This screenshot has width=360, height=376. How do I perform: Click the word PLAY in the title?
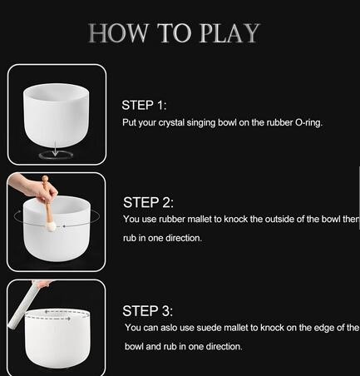pos(229,33)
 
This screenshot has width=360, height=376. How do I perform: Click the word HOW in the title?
pos(118,33)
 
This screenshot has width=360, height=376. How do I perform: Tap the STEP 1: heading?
pos(144,106)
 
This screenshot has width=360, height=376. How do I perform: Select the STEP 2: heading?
pos(148,202)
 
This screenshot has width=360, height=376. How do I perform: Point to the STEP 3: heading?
pos(147,311)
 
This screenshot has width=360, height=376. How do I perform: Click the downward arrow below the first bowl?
pos(56,148)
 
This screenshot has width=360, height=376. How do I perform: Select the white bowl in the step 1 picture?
pos(57,115)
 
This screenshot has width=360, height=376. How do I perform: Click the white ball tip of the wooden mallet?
pos(51,227)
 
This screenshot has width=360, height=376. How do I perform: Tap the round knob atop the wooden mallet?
pos(45,179)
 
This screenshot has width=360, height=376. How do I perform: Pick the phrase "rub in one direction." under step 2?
pos(162,238)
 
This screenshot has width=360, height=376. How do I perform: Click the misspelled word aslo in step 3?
pos(169,328)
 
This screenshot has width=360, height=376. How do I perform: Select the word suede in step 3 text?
pos(208,328)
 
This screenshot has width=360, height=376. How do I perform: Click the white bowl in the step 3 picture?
pos(57,339)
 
